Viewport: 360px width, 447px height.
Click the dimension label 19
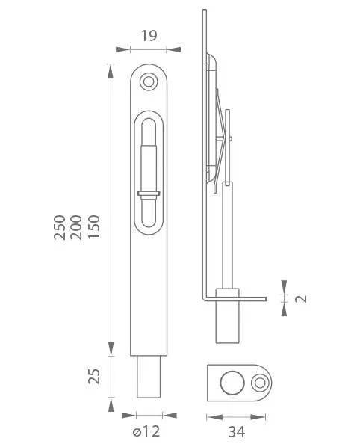(x=149, y=36)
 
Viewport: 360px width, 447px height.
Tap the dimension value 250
(x=60, y=227)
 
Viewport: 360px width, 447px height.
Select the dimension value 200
(x=76, y=227)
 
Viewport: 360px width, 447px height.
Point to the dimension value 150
(x=94, y=226)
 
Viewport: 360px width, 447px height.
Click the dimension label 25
(x=94, y=376)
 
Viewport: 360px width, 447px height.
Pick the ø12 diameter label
(x=146, y=431)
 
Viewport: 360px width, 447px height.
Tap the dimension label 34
(x=237, y=432)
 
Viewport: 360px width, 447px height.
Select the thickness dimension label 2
(x=301, y=299)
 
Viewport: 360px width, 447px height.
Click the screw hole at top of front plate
(x=149, y=81)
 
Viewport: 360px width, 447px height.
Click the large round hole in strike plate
(x=232, y=383)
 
